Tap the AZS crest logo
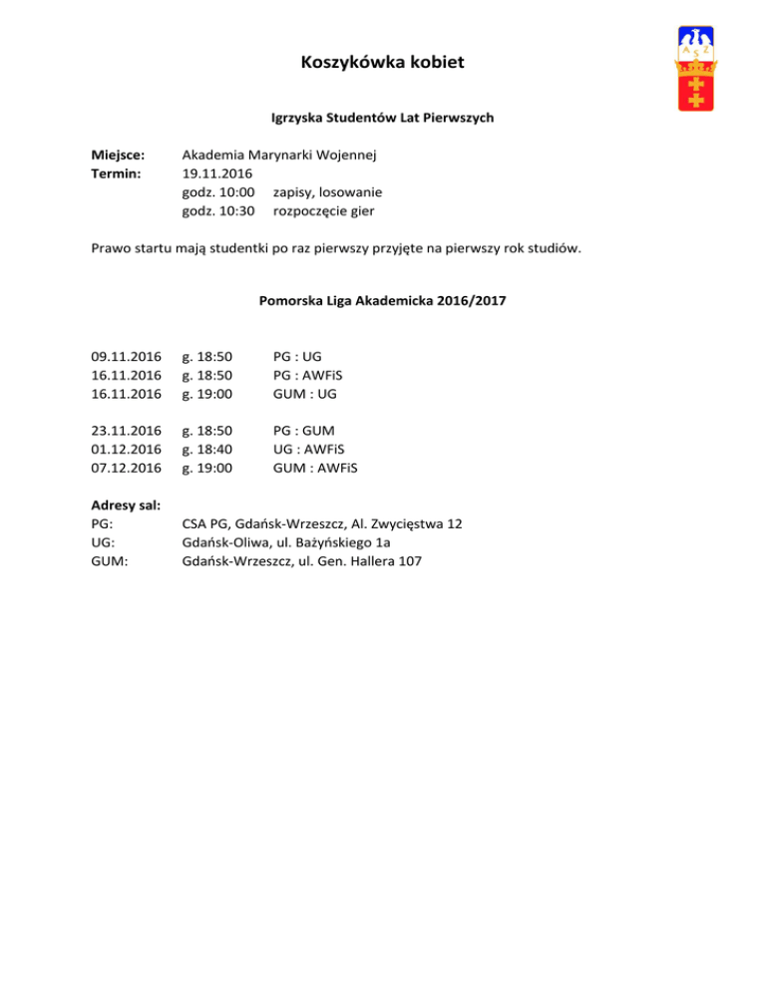[695, 69]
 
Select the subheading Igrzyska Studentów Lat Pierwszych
[383, 118]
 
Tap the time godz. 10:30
[218, 210]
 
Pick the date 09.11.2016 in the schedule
[126, 356]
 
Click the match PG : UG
[297, 356]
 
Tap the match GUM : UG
[304, 394]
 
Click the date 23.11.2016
[126, 431]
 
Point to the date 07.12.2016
[126, 468]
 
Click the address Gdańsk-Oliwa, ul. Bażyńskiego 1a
[285, 542]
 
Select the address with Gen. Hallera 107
[301, 561]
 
